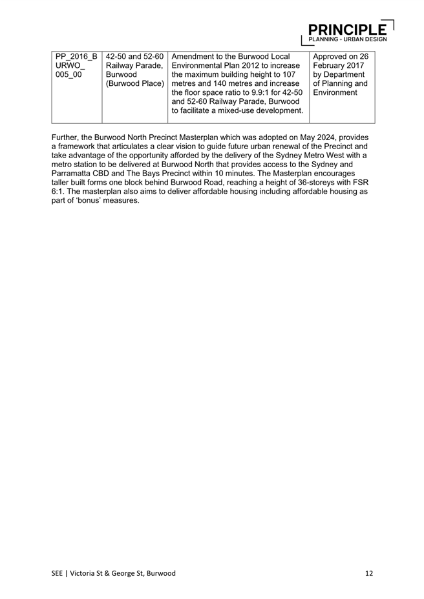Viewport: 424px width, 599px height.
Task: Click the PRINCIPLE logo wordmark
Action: pos(348,29)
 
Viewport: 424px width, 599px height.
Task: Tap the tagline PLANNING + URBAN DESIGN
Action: pos(348,39)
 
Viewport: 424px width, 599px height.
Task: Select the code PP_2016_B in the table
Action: pos(76,56)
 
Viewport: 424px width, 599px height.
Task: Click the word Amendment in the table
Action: pos(201,56)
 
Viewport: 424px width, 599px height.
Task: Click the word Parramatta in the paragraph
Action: pos(73,173)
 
